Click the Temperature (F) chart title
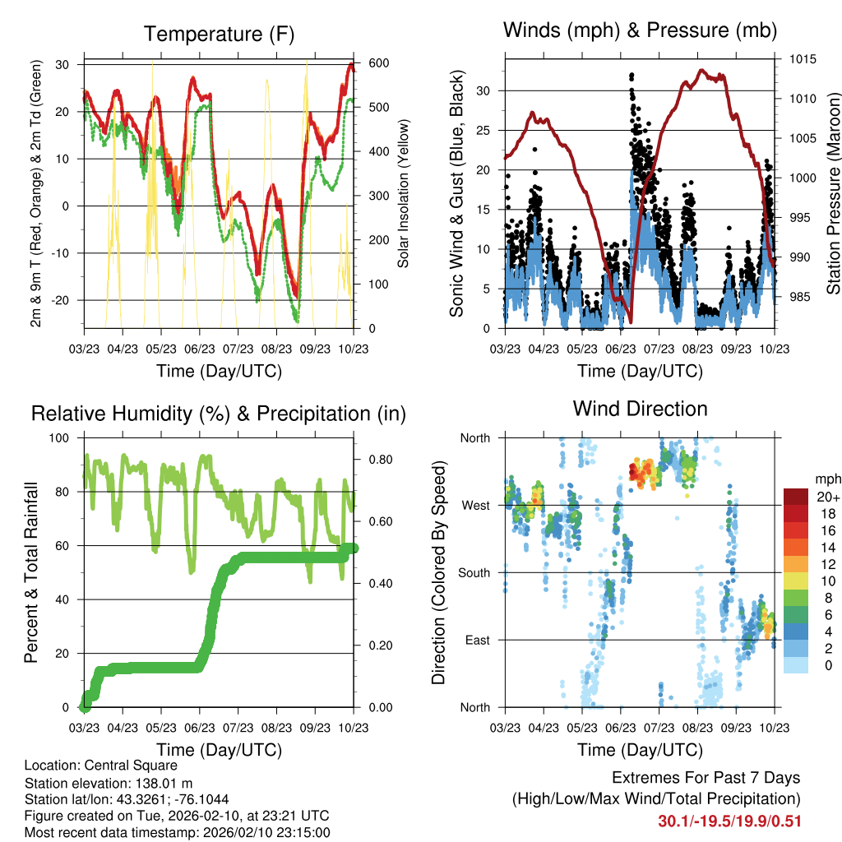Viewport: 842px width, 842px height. click(219, 35)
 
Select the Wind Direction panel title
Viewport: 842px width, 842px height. click(640, 409)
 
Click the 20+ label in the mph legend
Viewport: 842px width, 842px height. click(826, 497)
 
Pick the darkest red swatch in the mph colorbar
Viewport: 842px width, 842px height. click(796, 497)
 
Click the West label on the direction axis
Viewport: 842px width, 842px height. click(474, 505)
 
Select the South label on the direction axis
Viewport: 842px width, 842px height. click(473, 572)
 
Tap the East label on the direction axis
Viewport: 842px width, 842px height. click(476, 640)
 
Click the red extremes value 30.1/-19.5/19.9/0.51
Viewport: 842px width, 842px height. click(729, 821)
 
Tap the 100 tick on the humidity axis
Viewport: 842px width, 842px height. click(61, 438)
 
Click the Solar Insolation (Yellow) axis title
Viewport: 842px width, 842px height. click(404, 193)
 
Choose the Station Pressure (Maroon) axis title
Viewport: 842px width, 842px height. click(832, 193)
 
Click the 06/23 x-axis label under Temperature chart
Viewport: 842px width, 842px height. click(200, 349)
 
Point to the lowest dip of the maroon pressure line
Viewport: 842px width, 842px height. click(630, 322)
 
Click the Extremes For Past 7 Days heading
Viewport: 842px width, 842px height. click(706, 778)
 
